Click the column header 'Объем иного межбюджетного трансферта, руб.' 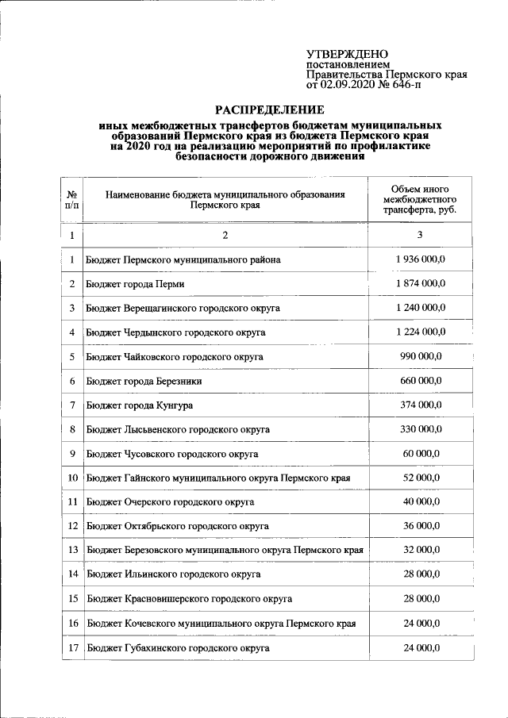tap(420, 199)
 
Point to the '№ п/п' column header tap(71, 199)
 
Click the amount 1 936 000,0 tap(421, 259)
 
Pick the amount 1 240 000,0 tap(421, 308)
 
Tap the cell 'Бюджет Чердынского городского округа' tap(176, 332)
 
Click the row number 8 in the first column tap(71, 429)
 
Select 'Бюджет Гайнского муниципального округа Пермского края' tap(218, 478)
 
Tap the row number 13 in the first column tap(72, 550)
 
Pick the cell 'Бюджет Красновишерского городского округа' tap(190, 599)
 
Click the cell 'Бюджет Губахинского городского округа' tap(179, 647)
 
